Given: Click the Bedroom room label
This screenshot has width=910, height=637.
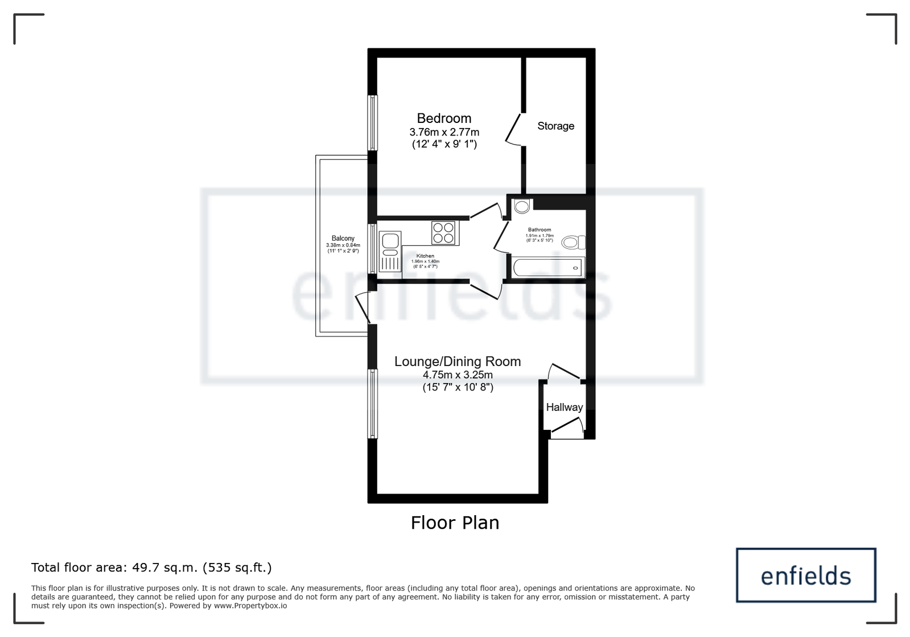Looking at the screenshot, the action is click(x=444, y=118).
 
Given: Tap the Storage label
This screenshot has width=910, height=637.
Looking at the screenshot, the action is click(x=556, y=126).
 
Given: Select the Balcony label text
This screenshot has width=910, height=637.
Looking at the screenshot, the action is click(x=343, y=238).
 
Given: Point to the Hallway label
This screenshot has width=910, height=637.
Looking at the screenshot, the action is click(x=565, y=407).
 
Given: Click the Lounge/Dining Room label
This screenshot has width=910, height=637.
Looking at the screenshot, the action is click(x=458, y=361).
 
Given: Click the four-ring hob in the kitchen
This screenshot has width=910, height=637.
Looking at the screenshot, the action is click(x=444, y=233).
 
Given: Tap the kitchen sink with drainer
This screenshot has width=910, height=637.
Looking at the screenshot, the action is click(x=390, y=251).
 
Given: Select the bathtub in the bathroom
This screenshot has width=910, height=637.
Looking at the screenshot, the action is click(x=547, y=268).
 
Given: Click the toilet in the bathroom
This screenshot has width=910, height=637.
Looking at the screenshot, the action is click(x=574, y=243).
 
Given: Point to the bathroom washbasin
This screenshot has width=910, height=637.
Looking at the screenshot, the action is click(x=522, y=206).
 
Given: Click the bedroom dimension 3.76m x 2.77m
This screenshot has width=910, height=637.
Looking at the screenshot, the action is click(x=444, y=132).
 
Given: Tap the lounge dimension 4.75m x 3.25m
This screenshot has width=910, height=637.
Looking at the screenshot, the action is click(x=458, y=375).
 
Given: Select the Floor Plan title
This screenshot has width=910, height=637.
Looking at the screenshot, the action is click(x=455, y=523).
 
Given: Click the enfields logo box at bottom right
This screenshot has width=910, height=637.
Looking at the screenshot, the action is click(x=806, y=575).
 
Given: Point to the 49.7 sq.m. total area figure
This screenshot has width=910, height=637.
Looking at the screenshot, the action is click(x=164, y=567).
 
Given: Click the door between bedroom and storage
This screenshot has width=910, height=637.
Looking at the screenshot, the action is click(x=515, y=130).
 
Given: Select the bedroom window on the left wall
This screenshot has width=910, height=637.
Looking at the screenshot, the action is click(x=373, y=123).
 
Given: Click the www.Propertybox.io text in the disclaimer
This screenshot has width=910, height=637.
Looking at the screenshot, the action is click(x=250, y=606).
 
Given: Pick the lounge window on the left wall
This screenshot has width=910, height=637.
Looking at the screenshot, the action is click(x=373, y=404).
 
